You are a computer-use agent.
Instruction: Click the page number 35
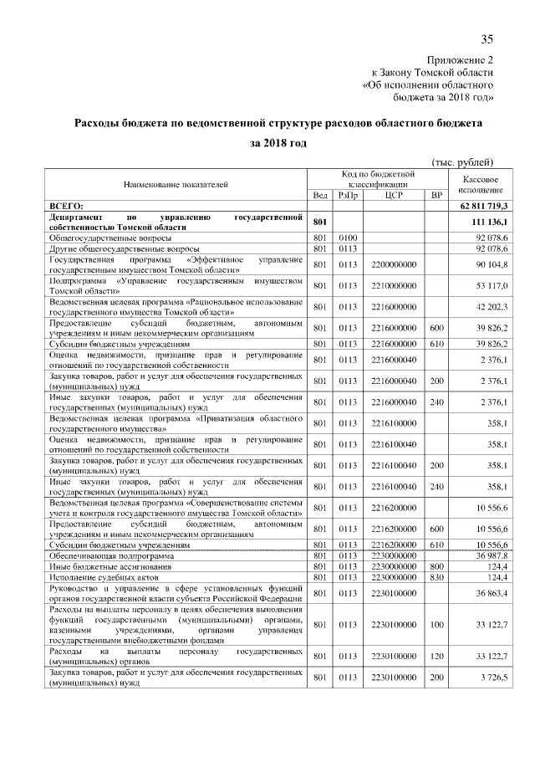click(x=487, y=40)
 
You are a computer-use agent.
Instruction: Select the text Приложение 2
click(x=461, y=61)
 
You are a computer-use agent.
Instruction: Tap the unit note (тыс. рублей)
click(x=462, y=161)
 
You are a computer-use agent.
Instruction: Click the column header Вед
click(x=319, y=194)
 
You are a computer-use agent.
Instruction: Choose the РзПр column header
click(x=348, y=194)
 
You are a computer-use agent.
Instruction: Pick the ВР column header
click(x=436, y=194)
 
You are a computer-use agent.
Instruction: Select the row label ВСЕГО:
click(x=73, y=206)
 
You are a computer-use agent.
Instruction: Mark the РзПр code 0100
click(x=348, y=238)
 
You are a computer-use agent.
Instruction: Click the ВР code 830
click(x=436, y=578)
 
